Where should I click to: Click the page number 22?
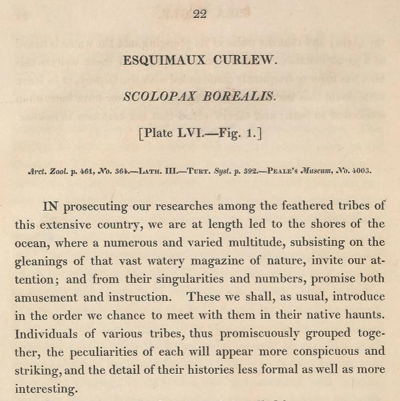[x=200, y=14]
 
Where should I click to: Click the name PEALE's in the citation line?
[x=287, y=171]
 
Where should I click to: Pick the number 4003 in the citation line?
[x=361, y=171]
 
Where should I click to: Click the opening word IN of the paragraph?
[x=52, y=207]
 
